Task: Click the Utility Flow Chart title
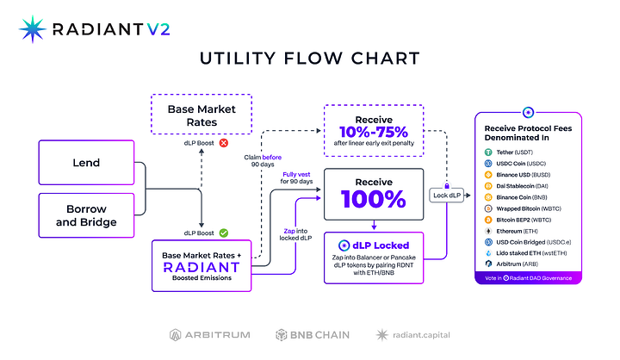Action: [309, 59]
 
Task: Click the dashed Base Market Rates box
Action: [200, 115]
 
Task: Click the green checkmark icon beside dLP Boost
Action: [224, 232]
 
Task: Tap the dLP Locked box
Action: [375, 258]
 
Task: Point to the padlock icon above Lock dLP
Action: [448, 183]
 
